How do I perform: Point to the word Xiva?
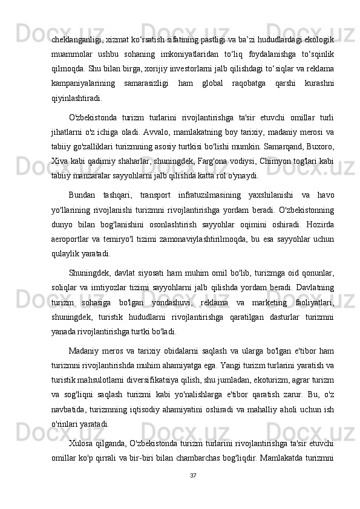(59, 162)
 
